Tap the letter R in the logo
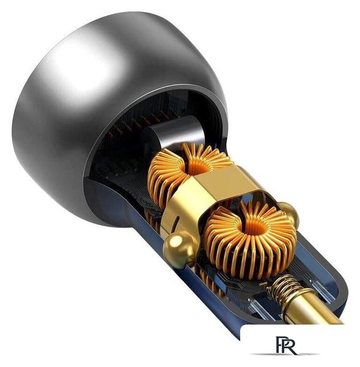[x=289, y=345]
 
